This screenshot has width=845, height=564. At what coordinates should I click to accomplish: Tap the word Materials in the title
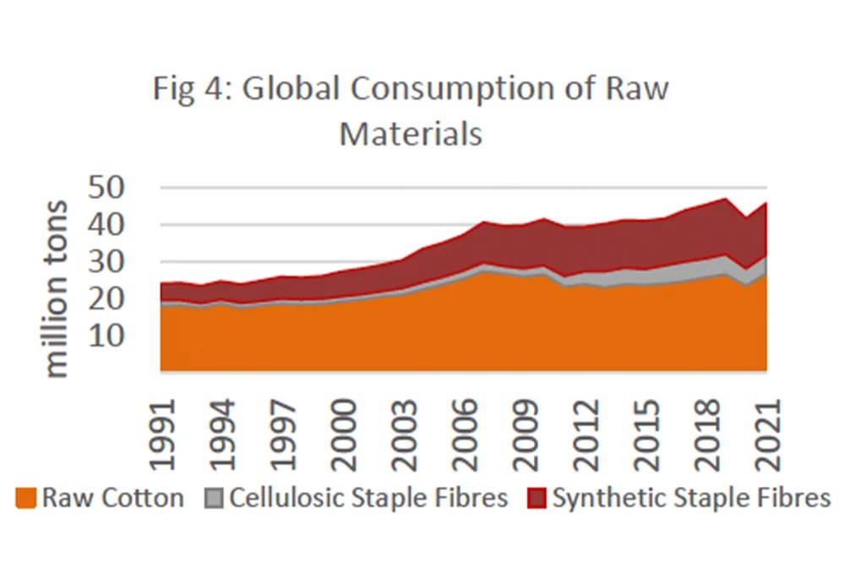[411, 134]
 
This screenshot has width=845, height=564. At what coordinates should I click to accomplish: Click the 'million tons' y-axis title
[57, 288]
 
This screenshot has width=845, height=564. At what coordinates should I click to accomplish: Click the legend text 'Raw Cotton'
[112, 498]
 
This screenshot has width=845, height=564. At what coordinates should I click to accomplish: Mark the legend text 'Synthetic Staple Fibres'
[692, 498]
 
